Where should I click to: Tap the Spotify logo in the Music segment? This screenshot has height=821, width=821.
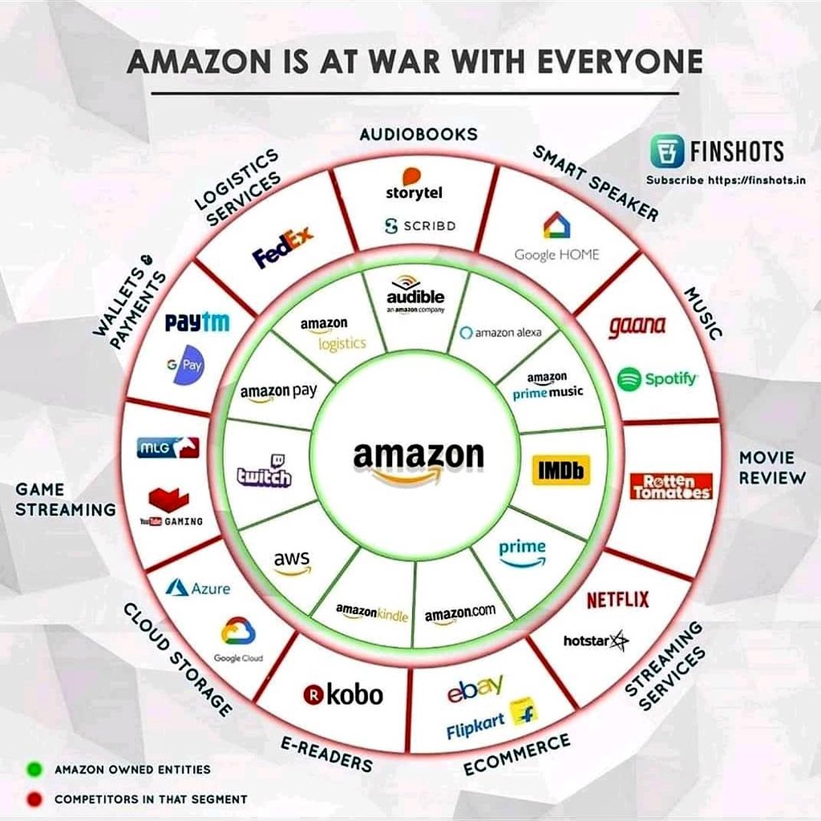tap(657, 378)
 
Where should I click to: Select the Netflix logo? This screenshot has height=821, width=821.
tap(618, 600)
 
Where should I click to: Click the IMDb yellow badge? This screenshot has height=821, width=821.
tap(560, 470)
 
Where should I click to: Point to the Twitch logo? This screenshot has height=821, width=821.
tap(265, 470)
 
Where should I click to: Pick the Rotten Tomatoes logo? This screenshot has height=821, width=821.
tap(671, 487)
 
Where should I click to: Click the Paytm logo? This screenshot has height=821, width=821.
tap(197, 322)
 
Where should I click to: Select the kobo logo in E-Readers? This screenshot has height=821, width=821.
tap(343, 695)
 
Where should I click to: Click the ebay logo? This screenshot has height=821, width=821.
tap(475, 688)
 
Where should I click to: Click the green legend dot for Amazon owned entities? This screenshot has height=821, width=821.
tap(34, 769)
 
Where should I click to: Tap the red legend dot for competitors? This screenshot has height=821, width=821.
tap(34, 799)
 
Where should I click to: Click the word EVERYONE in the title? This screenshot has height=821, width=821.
tap(620, 62)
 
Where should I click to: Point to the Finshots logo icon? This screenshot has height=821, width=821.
tap(667, 151)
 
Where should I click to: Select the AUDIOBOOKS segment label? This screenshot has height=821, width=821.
tap(419, 135)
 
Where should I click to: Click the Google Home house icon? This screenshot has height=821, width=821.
tap(556, 225)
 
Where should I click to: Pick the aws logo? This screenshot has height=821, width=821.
tap(292, 562)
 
